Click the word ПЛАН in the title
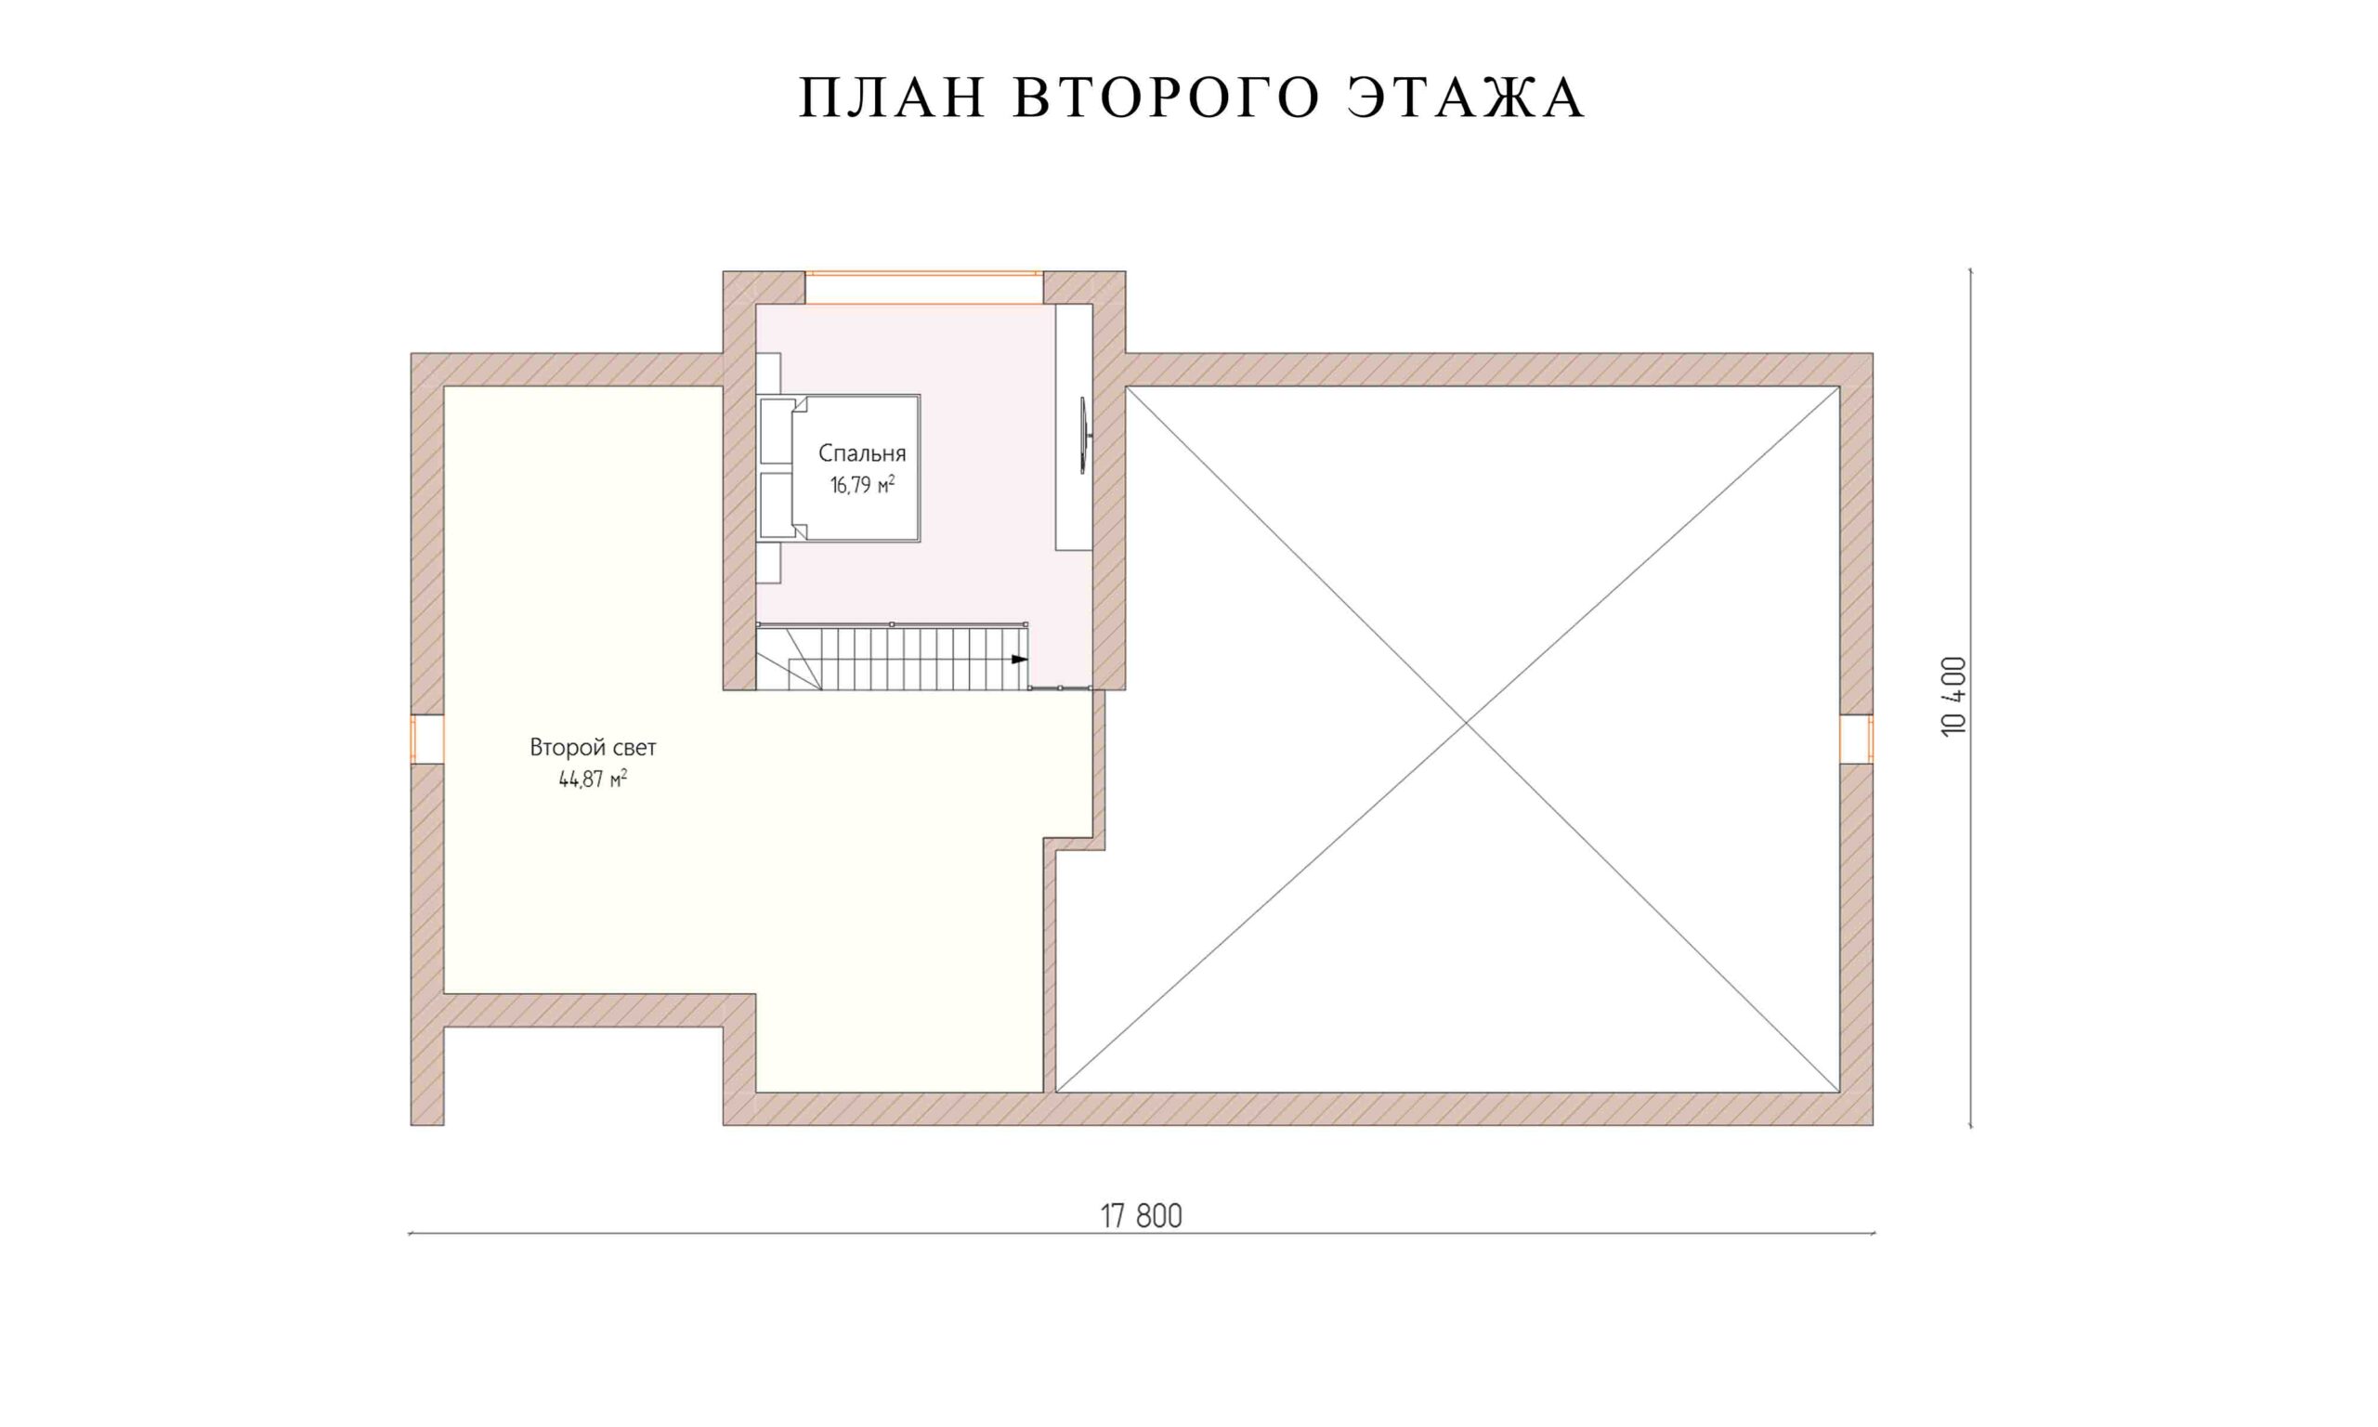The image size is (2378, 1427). tap(893, 98)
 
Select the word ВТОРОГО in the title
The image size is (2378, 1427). tap(1166, 98)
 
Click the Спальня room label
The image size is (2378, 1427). tap(862, 454)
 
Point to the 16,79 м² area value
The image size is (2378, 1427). tap(862, 485)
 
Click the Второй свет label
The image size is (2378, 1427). tap(593, 747)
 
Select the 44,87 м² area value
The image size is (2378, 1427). tap(593, 779)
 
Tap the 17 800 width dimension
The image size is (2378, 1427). tap(1141, 1216)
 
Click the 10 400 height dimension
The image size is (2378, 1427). tap(1954, 697)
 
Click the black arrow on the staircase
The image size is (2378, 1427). tap(1019, 660)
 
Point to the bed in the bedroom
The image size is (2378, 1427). tap(838, 468)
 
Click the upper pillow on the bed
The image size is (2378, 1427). tap(777, 431)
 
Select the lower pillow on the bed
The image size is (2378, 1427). tap(777, 504)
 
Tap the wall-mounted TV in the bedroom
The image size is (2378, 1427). tap(1084, 437)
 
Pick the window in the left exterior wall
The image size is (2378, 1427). tap(427, 739)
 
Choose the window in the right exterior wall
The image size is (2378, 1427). tap(1856, 739)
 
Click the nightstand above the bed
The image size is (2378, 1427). tap(768, 373)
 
